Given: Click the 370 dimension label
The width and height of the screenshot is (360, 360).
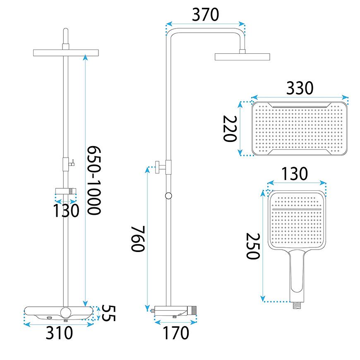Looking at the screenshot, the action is (205, 15).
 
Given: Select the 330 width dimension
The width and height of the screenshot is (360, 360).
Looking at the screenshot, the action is (300, 88).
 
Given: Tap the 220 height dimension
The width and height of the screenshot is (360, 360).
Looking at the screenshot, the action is (230, 129).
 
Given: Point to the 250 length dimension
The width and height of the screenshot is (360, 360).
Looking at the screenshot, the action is (253, 246).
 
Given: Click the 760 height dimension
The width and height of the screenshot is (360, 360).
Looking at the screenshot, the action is (138, 239).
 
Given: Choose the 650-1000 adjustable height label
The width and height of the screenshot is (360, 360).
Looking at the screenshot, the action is (94, 180).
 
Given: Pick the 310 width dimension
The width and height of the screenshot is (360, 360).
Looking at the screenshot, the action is (59, 333).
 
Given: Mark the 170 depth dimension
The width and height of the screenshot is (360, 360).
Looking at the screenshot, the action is (175, 333).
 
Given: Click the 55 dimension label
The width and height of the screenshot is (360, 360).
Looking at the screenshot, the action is (108, 313).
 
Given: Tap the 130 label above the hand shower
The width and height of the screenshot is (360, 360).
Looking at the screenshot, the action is (294, 174).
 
